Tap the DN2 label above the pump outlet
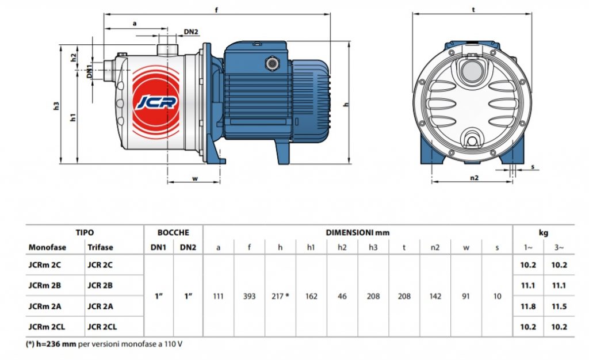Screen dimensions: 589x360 (191, 32)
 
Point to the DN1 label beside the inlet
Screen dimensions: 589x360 (89, 72)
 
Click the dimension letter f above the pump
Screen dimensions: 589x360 (216, 10)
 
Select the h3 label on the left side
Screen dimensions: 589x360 (56, 106)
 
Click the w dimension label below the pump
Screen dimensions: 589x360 (194, 178)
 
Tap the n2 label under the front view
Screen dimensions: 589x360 (475, 178)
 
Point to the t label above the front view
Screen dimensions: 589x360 (473, 10)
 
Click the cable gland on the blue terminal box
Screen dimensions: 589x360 (271, 63)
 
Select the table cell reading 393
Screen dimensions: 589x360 (249, 296)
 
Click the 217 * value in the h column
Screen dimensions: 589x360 (280, 296)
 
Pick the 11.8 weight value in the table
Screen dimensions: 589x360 (528, 307)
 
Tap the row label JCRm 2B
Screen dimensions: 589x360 (45, 285)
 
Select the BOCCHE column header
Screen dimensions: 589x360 (173, 232)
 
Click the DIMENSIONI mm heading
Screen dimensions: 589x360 (358, 232)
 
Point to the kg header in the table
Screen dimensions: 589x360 (543, 233)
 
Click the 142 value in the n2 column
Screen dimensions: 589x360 (435, 296)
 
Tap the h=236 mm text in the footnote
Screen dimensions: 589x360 (56, 344)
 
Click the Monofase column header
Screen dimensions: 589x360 (47, 247)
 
